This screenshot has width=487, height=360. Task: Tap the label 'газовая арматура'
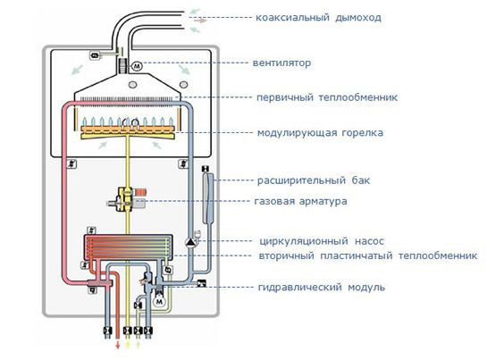click(x=301, y=201)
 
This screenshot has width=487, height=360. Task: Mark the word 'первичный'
click(x=284, y=97)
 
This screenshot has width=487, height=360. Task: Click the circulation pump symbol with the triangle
click(x=191, y=240)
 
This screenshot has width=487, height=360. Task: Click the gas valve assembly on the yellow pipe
click(x=129, y=198)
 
